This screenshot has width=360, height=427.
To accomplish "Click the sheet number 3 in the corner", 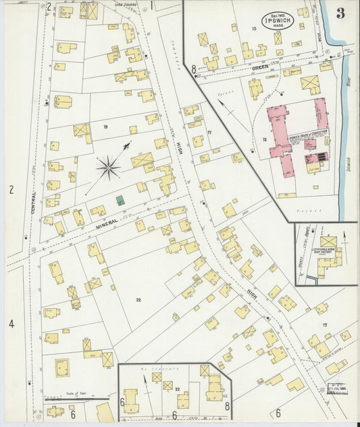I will (340, 13).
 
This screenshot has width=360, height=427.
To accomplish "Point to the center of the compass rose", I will (108, 166).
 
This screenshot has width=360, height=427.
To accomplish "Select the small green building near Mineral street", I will (120, 201).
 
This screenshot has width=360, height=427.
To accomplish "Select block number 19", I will (105, 126).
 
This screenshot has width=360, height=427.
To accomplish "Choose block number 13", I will (254, 28).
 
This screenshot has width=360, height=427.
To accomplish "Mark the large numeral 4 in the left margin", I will (11, 324).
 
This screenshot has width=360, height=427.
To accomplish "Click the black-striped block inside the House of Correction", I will (317, 156).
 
